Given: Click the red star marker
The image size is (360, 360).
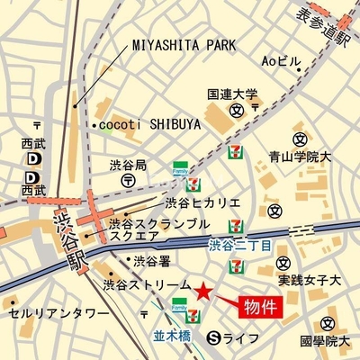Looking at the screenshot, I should click(204, 292).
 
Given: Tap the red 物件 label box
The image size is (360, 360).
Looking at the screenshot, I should click(264, 306).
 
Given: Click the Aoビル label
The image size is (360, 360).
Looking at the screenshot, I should click(281, 61).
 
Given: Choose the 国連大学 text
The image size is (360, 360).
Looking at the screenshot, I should click(232, 94).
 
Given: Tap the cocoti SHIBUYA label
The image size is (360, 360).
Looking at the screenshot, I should click(144, 124).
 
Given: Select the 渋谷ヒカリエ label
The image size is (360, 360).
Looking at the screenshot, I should click(197, 202).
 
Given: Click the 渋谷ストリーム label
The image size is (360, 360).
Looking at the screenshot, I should click(147, 283).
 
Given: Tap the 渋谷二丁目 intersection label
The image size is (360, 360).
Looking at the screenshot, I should click(240, 244).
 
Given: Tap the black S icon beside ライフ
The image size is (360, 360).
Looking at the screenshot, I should click(213, 338).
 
